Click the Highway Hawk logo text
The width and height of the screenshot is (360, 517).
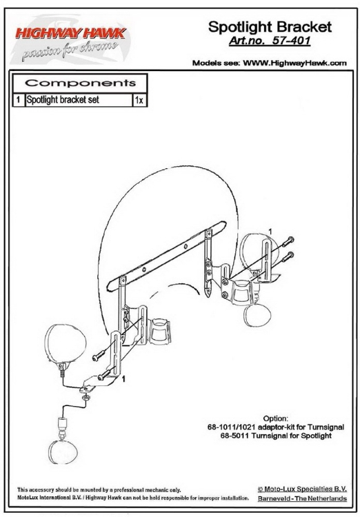point(70,33)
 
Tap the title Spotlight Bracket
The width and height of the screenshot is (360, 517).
point(270,27)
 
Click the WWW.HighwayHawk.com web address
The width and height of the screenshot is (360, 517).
point(294,63)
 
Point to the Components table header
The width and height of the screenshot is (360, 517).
point(80,83)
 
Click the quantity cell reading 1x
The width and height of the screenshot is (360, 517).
point(139,100)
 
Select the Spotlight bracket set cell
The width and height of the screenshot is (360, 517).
point(63,99)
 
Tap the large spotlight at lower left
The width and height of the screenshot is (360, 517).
point(66,345)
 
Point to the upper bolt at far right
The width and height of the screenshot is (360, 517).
point(288,241)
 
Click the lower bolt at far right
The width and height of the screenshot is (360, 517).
point(288,256)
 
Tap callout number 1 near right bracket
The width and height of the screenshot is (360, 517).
point(270,232)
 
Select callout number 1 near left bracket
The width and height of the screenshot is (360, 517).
point(123,379)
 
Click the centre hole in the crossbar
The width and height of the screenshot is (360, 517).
point(186,246)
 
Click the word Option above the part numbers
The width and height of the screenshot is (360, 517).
point(276,418)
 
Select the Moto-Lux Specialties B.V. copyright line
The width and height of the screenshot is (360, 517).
point(302,489)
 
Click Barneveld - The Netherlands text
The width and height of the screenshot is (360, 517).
point(302,498)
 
